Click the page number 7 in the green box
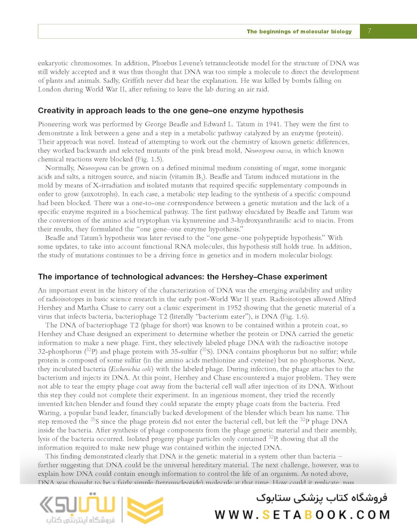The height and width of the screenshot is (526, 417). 370,31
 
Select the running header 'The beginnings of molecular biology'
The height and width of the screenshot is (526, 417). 299,32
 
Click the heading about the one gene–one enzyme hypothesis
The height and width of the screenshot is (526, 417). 170,111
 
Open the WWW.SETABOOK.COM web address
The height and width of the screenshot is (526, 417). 302,514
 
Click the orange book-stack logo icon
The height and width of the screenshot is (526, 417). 145,510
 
